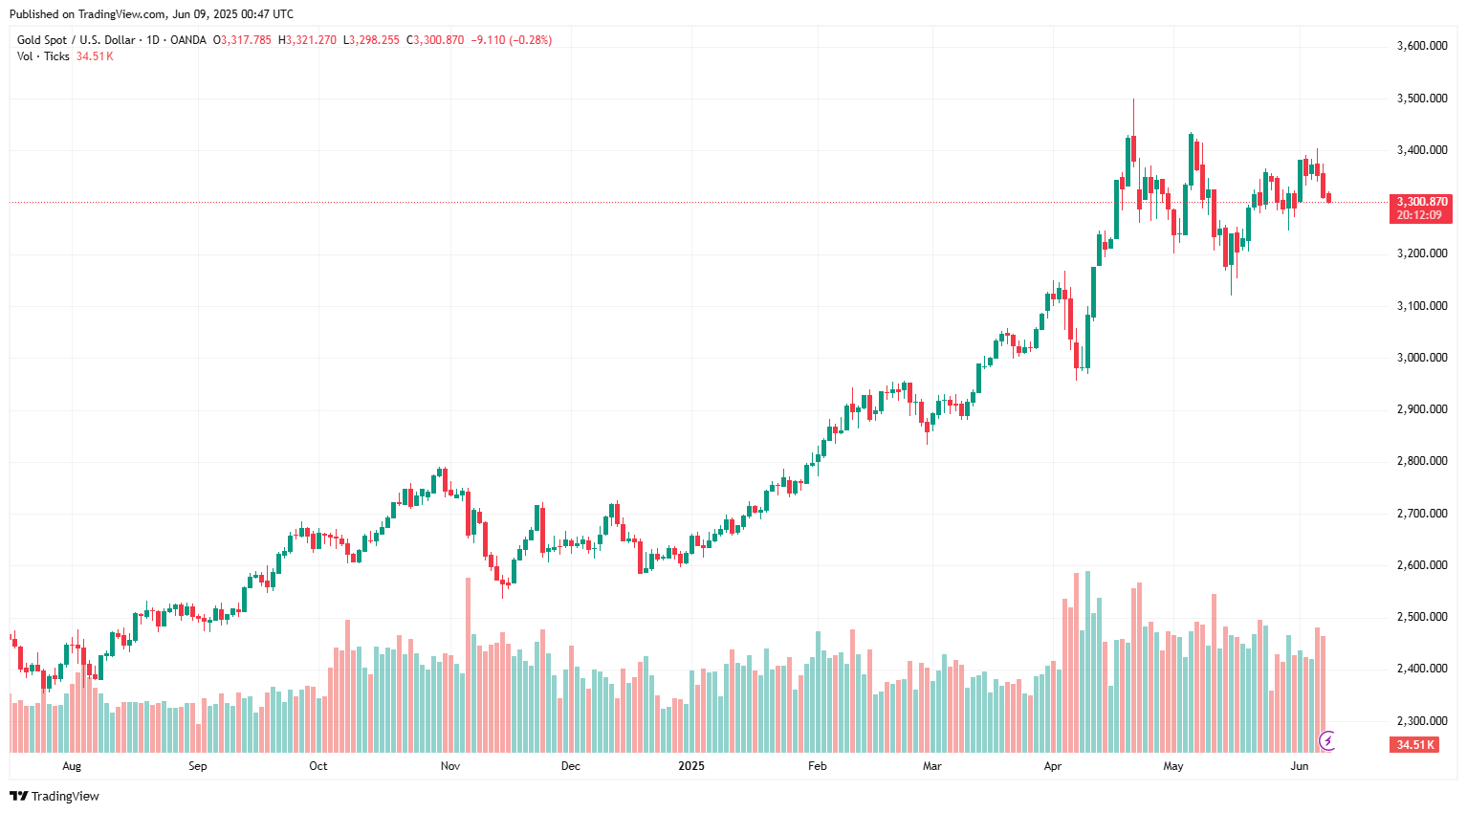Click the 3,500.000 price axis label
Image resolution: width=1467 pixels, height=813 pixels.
click(x=1421, y=99)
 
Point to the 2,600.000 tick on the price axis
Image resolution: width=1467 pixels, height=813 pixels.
click(x=1421, y=565)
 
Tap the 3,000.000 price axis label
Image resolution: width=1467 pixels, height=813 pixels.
click(x=1421, y=358)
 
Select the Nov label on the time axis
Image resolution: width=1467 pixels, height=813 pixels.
click(x=450, y=766)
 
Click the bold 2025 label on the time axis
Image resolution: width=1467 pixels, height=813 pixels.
click(x=690, y=766)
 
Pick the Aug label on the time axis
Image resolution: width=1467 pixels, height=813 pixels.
click(x=72, y=766)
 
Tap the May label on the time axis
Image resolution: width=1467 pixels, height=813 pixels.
click(x=1173, y=766)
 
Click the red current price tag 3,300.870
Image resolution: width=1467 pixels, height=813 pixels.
click(x=1421, y=202)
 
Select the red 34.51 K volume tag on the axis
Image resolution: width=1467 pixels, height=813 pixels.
click(x=1414, y=745)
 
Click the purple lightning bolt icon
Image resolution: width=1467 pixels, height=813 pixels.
click(x=1327, y=740)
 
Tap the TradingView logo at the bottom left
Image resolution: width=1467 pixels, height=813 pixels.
click(x=55, y=796)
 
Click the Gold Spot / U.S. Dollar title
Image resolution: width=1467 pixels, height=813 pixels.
click(x=76, y=40)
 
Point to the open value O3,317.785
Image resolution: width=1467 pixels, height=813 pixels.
click(x=242, y=40)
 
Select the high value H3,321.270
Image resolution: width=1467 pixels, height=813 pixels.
click(x=307, y=40)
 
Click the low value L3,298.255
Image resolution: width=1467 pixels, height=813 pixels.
click(x=373, y=40)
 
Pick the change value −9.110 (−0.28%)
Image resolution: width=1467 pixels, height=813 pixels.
click(x=512, y=40)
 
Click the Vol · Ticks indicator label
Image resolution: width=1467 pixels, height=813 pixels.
click(x=43, y=56)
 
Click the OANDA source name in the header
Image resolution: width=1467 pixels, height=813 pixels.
click(x=187, y=40)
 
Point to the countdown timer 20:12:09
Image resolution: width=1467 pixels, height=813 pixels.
click(x=1419, y=215)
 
